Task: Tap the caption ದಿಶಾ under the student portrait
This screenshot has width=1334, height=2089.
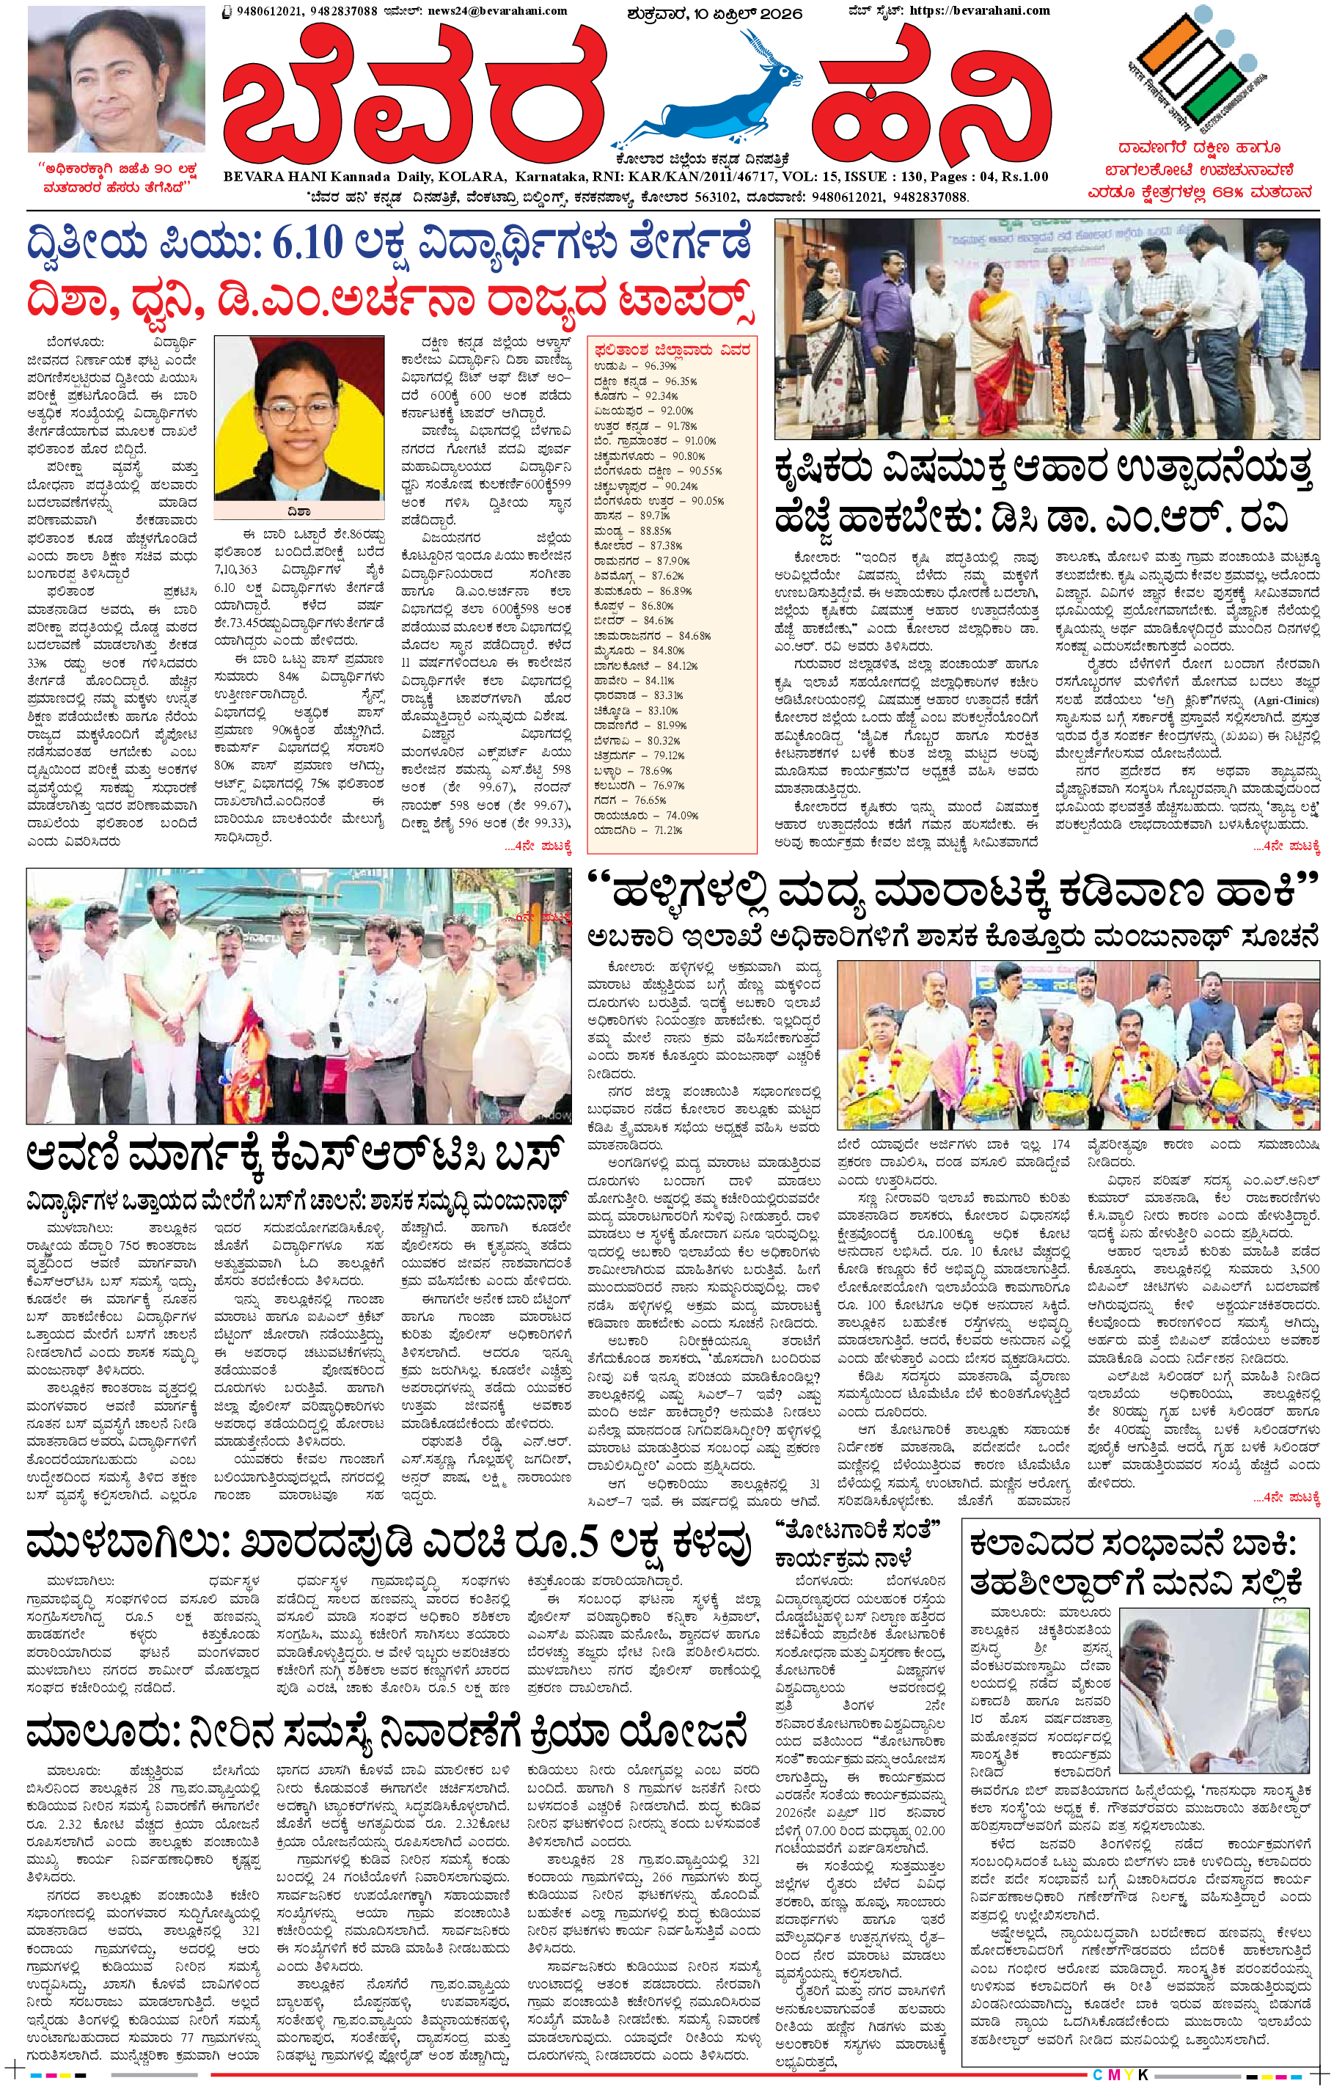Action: (298, 512)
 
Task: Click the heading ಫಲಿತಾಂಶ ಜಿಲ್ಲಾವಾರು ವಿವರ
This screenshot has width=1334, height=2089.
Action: (673, 350)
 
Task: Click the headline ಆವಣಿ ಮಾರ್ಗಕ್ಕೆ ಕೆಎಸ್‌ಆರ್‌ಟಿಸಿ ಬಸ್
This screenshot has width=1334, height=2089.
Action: (295, 1155)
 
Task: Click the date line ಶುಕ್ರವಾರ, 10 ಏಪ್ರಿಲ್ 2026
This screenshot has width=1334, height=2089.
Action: (716, 13)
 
